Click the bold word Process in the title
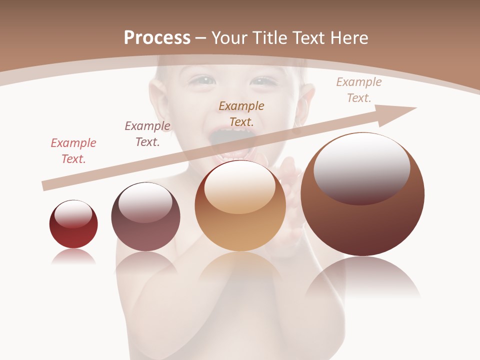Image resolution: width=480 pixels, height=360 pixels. pos(157,38)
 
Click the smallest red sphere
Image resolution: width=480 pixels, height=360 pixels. pos(73,224)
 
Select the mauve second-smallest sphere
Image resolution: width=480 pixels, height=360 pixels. pos(145,216)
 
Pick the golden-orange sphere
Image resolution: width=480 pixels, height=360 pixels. pos(240,205)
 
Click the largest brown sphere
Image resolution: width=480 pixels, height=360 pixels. pos(362,194)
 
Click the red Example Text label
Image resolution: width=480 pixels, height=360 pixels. pos(73,151)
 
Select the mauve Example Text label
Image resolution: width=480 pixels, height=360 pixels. pos(147,134)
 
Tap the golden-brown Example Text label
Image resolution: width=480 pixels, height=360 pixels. pos(241,113)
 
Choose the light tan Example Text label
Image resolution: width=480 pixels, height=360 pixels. pos(358,90)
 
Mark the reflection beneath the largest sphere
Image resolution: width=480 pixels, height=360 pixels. pos(362,280)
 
